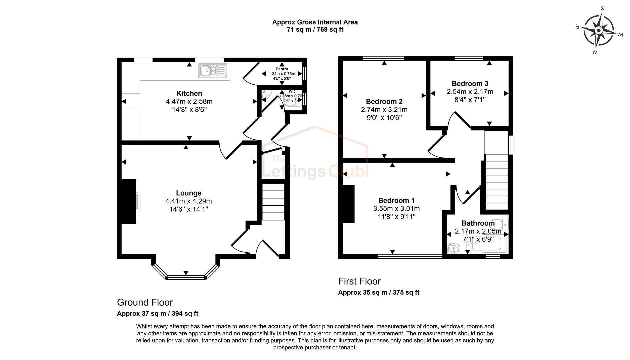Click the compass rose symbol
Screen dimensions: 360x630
tap(599, 31)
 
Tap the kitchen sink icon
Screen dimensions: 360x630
tap(213, 71)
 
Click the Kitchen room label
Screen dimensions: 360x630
tap(189, 93)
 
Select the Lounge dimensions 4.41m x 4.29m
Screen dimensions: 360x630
tap(188, 201)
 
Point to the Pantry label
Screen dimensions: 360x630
tap(282, 69)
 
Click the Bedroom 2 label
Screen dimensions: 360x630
tap(384, 102)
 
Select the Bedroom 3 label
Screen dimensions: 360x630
tap(470, 84)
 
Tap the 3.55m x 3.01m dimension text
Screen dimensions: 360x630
tap(396, 209)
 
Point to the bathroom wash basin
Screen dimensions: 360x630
tap(453, 248)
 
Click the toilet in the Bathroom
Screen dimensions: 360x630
tap(502, 224)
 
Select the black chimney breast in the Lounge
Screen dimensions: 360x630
tap(129, 201)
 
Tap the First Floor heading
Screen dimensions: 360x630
tap(359, 281)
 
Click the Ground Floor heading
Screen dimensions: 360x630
tap(145, 302)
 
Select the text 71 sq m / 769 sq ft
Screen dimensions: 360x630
tap(315, 30)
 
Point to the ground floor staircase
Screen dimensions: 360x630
tap(273, 202)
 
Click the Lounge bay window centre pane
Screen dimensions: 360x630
tap(186, 277)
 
